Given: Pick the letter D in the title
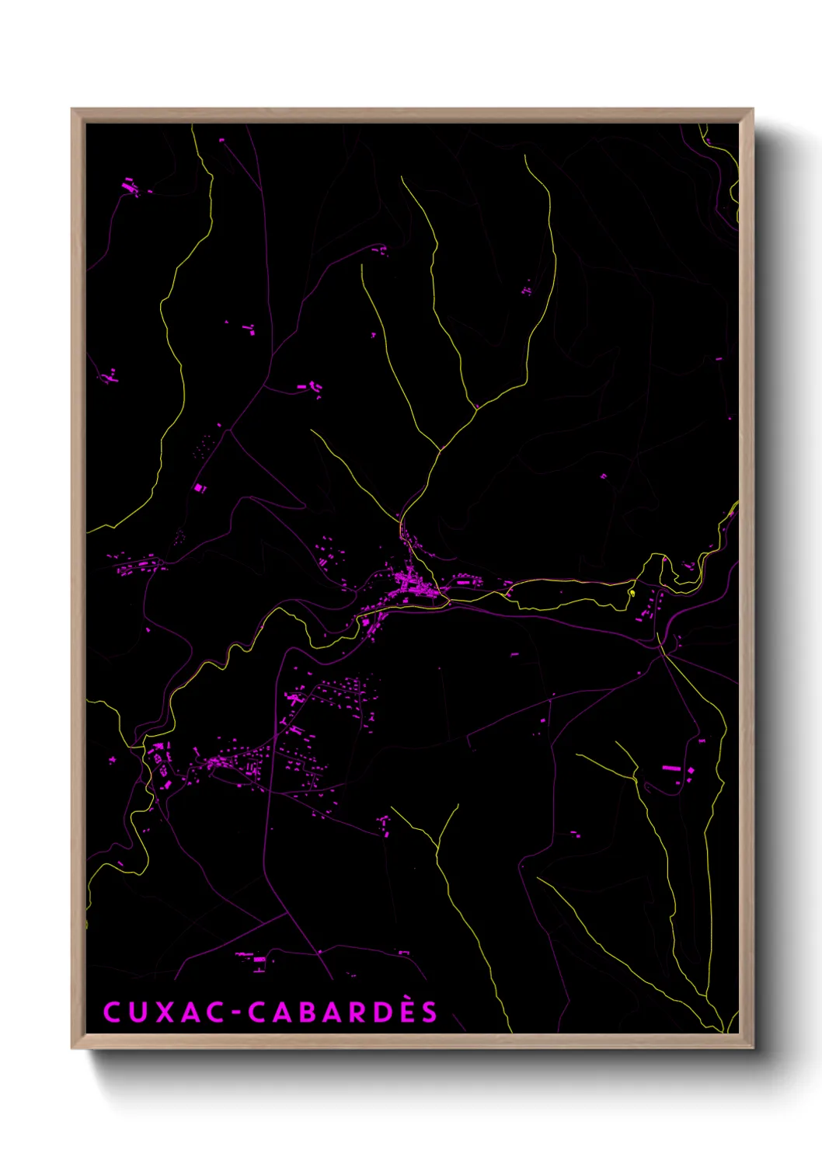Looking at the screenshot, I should tap(374, 1012).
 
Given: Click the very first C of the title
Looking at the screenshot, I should tap(111, 1012).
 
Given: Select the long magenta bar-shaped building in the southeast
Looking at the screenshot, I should tap(671, 768).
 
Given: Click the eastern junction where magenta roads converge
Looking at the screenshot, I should tap(663, 653).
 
